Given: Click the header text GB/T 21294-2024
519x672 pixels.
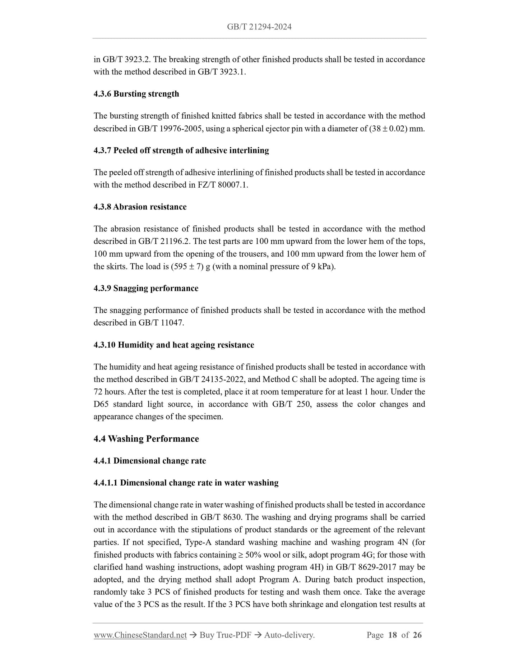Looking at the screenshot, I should coord(259,27).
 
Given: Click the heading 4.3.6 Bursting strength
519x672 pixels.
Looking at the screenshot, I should coord(136,94).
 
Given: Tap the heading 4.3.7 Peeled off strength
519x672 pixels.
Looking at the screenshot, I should coord(181,150).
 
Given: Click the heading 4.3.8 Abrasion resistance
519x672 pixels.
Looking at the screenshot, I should coord(140,207).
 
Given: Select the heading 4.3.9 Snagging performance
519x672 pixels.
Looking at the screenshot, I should coord(146,288).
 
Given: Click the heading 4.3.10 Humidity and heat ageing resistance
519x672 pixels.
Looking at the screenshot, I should coord(174,345).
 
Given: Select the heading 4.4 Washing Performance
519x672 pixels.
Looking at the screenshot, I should coord(146,439).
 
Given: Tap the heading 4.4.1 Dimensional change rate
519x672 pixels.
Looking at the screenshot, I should coord(150,461).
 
